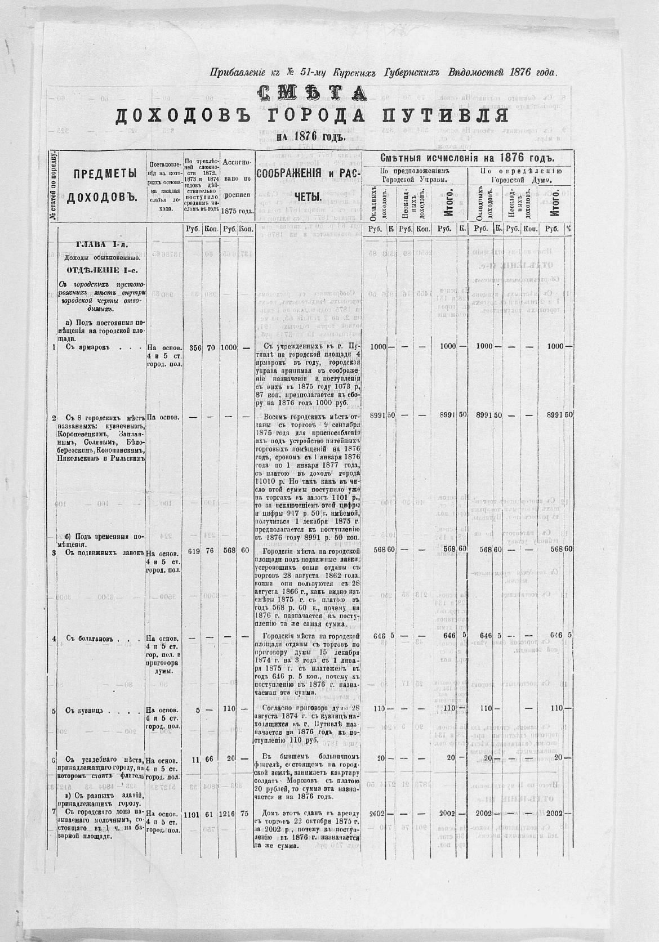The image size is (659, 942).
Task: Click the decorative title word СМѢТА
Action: (x=311, y=93)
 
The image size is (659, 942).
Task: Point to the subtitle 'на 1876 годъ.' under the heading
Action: (x=310, y=137)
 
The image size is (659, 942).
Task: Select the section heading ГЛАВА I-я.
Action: (x=102, y=244)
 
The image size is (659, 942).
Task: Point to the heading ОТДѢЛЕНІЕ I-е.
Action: (x=101, y=269)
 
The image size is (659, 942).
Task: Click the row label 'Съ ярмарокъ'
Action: (x=84, y=347)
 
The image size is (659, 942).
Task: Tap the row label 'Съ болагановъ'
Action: (x=86, y=639)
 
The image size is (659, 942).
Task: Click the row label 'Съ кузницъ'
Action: (x=83, y=711)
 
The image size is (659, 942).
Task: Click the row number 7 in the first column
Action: (x=54, y=813)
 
